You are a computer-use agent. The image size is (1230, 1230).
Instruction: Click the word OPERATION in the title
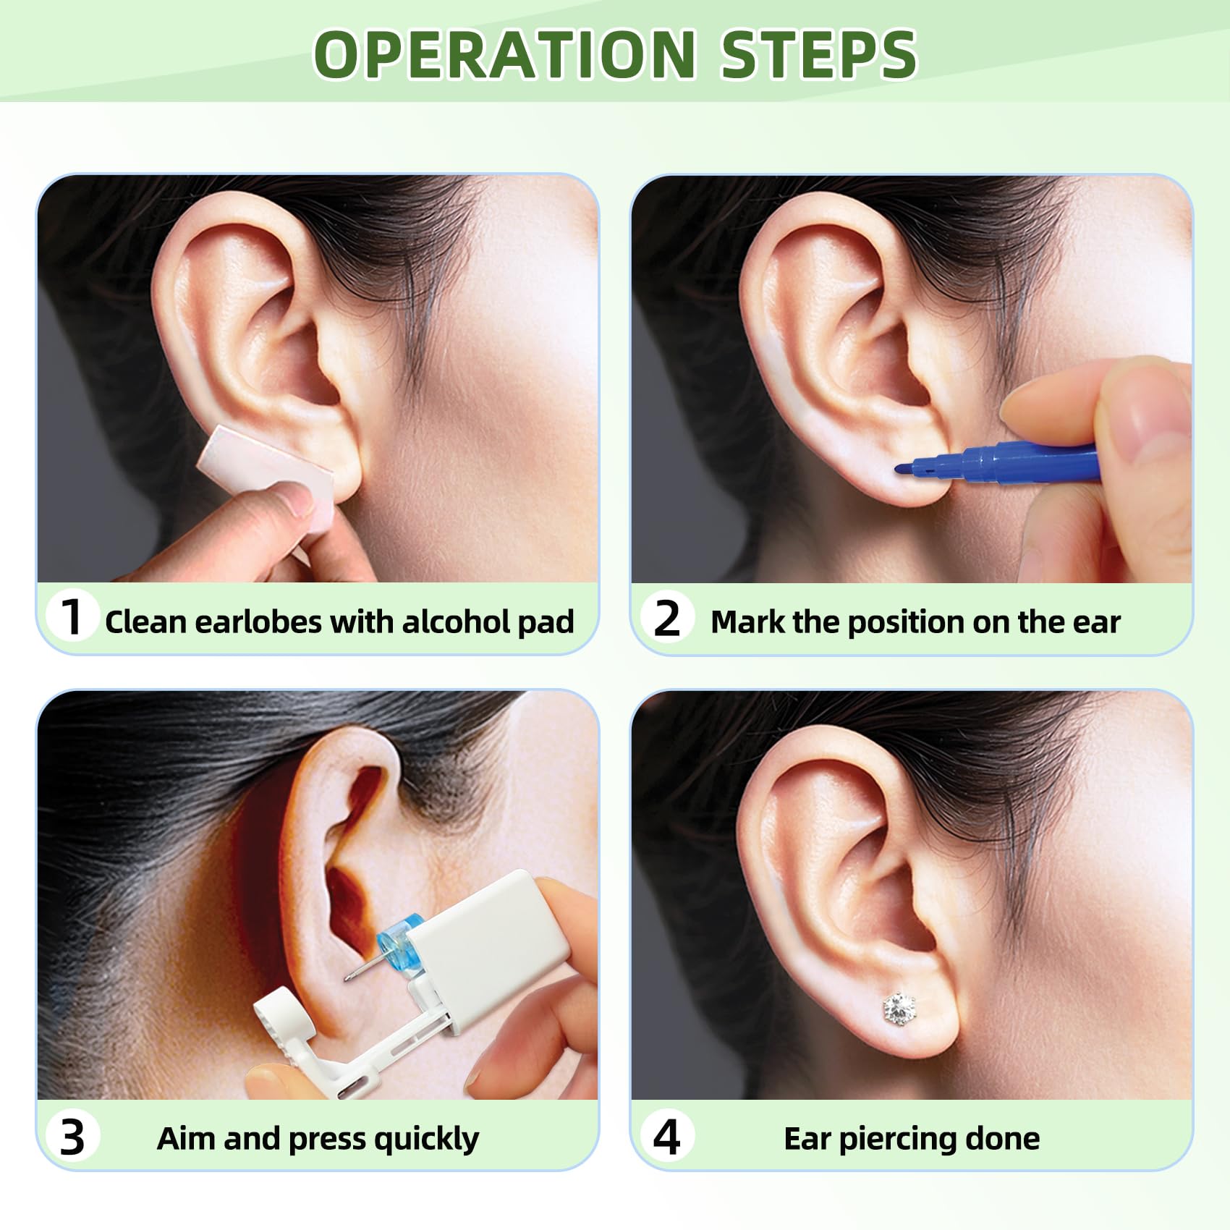pyautogui.click(x=505, y=54)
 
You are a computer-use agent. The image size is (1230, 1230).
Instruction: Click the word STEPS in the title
pyautogui.click(x=819, y=54)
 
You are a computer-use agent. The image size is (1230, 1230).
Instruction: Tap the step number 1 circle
pyautogui.click(x=71, y=617)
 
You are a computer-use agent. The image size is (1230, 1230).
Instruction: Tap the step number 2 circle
pyautogui.click(x=666, y=619)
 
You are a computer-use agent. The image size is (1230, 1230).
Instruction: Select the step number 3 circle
pyautogui.click(x=72, y=1136)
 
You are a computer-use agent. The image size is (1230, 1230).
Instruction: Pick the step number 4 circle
pyautogui.click(x=666, y=1136)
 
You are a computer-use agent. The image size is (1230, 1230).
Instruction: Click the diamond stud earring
pyautogui.click(x=899, y=1008)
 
